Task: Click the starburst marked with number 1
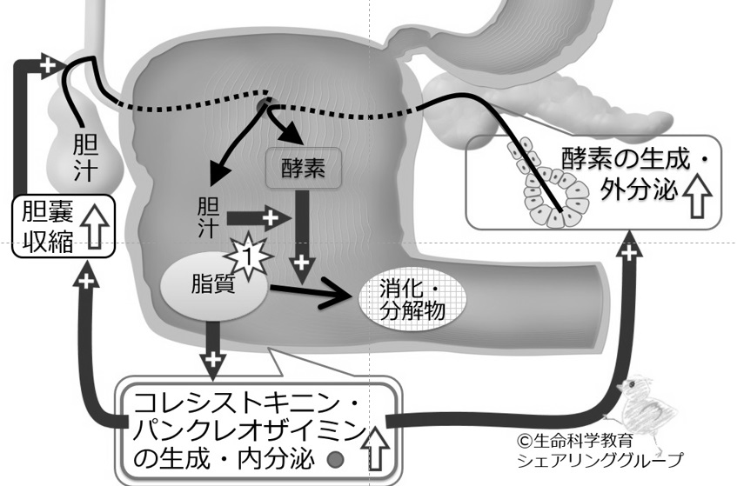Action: coord(248,256)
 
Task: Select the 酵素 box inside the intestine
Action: coord(304,168)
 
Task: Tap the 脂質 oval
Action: coord(214,286)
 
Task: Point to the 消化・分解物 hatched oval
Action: coord(412,300)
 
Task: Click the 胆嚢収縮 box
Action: coord(63,226)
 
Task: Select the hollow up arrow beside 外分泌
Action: coord(697,195)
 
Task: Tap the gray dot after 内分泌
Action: coord(335,459)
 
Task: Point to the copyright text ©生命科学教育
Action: coord(575,441)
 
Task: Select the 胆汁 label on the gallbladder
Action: coord(85,157)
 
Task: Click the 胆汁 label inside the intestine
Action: coord(208,217)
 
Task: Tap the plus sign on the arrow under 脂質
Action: coord(213,360)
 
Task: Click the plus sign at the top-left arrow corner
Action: coord(48,65)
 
